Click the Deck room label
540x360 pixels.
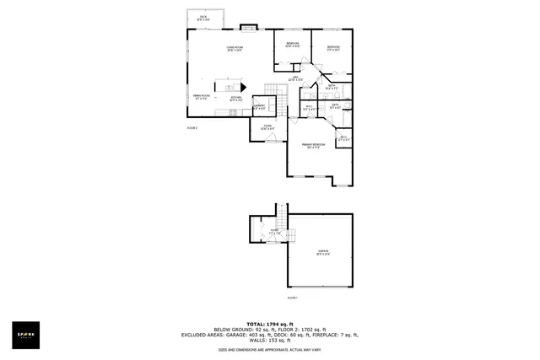(x=203, y=18)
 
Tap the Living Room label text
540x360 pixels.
(x=235, y=49)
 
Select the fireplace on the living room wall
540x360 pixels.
(x=246, y=27)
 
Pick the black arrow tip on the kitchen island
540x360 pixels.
(x=243, y=85)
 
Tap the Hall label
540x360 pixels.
(x=297, y=79)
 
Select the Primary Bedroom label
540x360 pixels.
(x=314, y=147)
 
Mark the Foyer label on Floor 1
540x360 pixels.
(x=273, y=231)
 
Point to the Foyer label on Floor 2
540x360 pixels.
(x=267, y=126)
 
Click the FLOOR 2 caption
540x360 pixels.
(x=192, y=127)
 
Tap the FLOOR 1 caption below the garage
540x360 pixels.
(x=293, y=298)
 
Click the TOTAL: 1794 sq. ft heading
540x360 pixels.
(x=269, y=324)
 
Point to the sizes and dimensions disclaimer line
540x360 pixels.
(x=269, y=348)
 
